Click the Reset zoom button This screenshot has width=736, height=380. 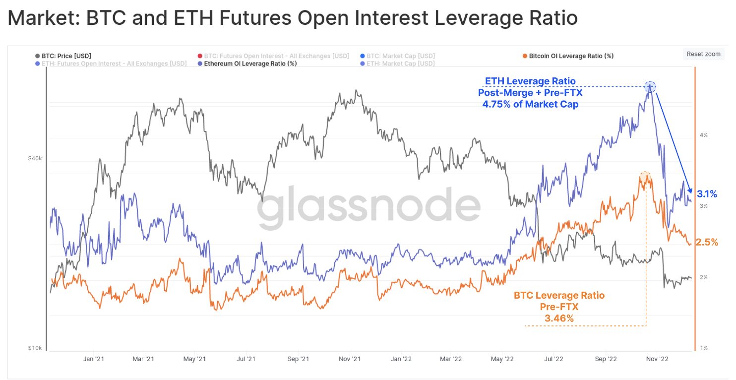[703, 54]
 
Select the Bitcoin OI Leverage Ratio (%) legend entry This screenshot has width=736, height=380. [571, 56]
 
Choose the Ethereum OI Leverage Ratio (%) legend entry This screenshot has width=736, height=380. [250, 63]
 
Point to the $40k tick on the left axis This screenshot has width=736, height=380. [34, 158]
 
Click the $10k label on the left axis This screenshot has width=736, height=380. [34, 348]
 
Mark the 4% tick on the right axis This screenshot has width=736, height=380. [703, 135]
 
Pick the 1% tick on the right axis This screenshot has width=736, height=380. [703, 348]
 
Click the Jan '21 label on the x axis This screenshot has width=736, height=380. [93, 358]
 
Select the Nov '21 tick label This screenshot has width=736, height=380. [350, 358]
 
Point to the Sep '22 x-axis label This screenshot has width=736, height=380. [606, 358]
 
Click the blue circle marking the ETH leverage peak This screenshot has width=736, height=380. [651, 87]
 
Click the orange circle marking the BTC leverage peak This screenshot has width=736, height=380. [644, 177]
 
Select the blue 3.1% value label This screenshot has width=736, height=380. [707, 194]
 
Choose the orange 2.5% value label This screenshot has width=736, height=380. [707, 242]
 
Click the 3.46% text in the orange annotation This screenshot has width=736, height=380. [559, 318]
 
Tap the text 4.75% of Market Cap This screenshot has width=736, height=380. [530, 104]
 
